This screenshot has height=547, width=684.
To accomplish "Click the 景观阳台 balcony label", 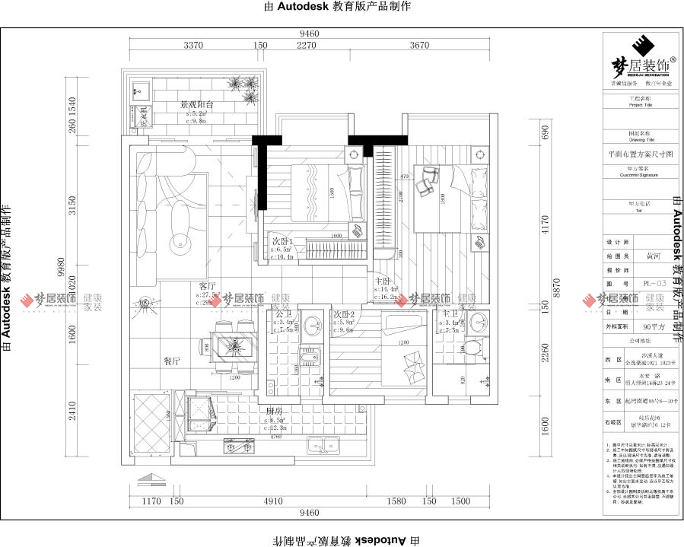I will coord(196,105).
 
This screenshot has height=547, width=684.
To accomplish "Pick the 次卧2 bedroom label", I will coord(344,313).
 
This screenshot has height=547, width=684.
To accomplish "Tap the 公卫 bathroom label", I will coord(283,313).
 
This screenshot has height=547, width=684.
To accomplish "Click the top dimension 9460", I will coord(308,33).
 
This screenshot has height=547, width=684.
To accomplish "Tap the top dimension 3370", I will coord(194,46).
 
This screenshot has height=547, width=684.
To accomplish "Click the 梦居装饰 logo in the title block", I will coord(638,57).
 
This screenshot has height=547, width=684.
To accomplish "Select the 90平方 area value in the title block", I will coord(654,327).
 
